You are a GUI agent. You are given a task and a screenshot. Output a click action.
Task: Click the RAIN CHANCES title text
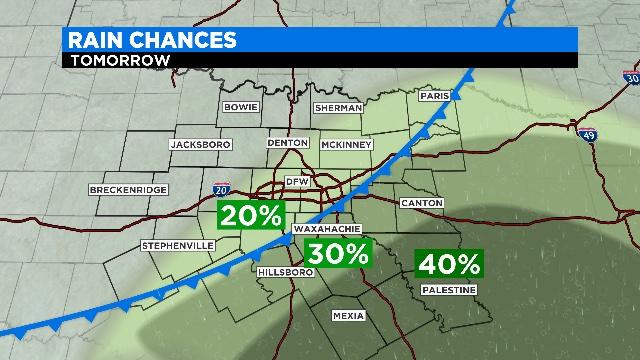point(151,39)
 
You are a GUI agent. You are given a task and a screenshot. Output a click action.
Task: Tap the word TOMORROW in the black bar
point(118,59)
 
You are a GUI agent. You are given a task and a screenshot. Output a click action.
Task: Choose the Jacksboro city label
point(200,144)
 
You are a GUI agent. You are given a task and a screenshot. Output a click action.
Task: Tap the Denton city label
point(287,144)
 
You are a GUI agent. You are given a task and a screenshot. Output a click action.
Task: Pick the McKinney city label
point(346,144)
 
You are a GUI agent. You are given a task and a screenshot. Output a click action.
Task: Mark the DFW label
point(297,181)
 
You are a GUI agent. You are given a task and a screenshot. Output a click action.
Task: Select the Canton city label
point(421,203)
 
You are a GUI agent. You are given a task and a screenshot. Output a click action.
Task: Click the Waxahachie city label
point(319,229)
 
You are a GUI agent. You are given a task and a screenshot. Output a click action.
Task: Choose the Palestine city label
point(448,289)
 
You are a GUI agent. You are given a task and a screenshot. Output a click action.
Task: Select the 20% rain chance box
point(253,215)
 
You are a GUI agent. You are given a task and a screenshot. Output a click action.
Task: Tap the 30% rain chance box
point(337,254)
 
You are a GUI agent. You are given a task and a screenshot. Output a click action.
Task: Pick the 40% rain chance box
point(449,265)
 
